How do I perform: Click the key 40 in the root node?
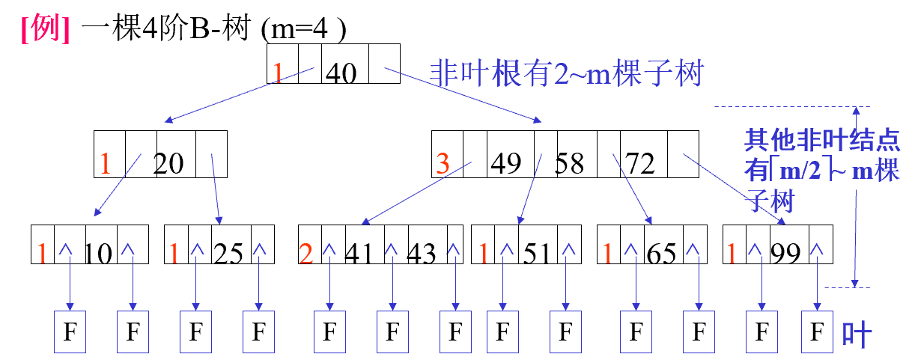[x=341, y=73]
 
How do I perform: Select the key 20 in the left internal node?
[x=168, y=163]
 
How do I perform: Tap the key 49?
[x=506, y=162]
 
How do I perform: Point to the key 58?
[x=569, y=162]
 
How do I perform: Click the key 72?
[x=639, y=162]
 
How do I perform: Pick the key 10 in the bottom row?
[x=98, y=254]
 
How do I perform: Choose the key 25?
[x=228, y=254]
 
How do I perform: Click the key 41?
[x=359, y=254]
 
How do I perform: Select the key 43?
[x=420, y=254]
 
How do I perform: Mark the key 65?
[x=661, y=254]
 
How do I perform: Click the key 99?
[x=785, y=254]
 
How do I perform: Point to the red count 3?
[x=443, y=164]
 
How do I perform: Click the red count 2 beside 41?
[x=305, y=254]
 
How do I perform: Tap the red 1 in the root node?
[x=278, y=73]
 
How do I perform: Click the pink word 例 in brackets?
[x=46, y=29]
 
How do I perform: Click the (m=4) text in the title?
[x=303, y=31]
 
